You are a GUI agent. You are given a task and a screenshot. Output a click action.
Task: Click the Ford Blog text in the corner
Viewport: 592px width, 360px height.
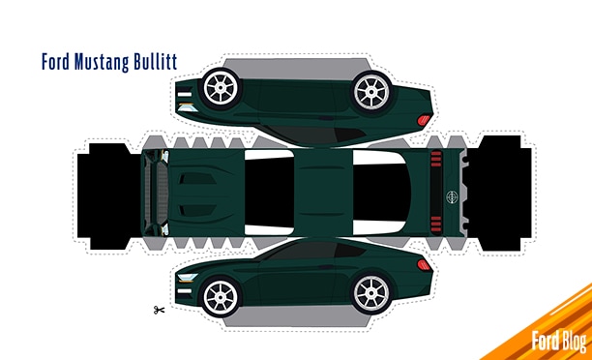pos(558,340)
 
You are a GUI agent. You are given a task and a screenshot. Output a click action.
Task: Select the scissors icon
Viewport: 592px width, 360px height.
pos(158,310)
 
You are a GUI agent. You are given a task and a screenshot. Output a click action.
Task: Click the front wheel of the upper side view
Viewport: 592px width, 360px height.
pos(222,90)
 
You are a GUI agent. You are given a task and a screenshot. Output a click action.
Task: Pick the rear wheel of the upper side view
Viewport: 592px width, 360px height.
pos(371,90)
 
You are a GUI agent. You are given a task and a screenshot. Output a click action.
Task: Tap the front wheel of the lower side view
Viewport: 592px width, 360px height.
pos(222,294)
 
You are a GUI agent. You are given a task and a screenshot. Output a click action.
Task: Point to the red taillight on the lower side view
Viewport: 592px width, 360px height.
pos(423,264)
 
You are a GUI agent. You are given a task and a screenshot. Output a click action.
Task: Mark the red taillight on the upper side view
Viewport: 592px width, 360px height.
pos(423,119)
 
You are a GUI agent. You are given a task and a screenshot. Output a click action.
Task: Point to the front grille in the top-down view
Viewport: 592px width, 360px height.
pos(158,192)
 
